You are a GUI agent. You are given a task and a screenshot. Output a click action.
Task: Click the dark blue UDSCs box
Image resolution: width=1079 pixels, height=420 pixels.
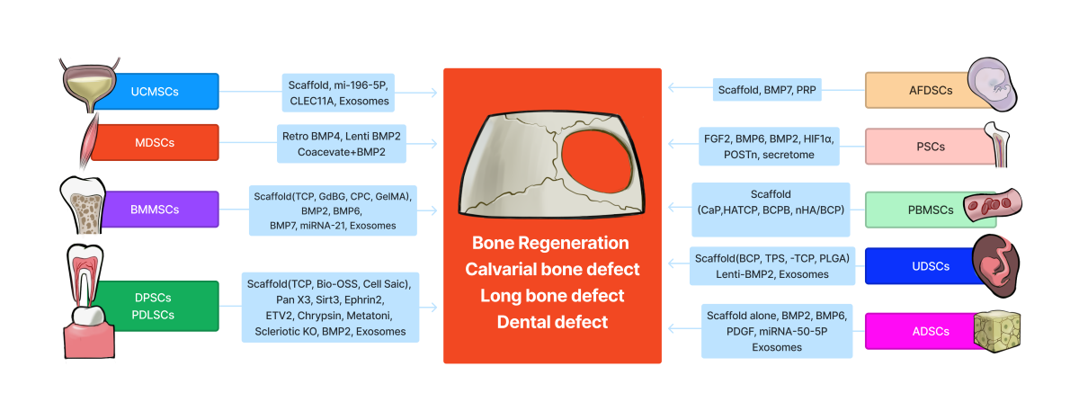point(917,265)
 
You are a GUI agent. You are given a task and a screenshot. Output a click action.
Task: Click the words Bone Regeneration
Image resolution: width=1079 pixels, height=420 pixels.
point(551,243)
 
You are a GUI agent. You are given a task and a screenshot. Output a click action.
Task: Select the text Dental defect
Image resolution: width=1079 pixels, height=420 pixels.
point(551,321)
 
